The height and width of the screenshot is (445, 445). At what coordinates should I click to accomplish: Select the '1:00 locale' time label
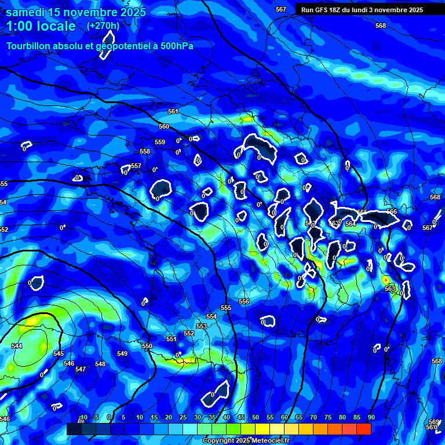tap(41, 26)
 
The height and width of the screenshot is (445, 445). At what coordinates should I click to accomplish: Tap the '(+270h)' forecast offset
tap(103, 26)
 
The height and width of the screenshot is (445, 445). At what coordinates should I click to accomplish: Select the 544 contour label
tap(17, 346)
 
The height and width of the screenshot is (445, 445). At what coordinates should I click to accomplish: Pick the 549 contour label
tap(122, 353)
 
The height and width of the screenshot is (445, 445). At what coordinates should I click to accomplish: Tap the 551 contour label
tap(171, 339)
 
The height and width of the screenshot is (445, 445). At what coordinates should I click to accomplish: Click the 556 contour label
tap(244, 301)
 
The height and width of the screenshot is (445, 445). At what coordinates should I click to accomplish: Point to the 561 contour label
tap(173, 111)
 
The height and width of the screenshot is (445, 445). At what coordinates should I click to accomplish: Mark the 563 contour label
tap(390, 288)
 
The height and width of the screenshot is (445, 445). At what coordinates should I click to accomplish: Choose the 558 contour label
tap(145, 151)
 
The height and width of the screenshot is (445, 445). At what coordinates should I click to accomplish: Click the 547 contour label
tap(81, 369)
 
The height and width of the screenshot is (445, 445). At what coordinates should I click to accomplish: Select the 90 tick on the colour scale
tap(371, 417)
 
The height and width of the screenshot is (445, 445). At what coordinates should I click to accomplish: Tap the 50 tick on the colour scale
tap(256, 417)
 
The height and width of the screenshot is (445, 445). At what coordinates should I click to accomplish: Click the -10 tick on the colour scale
tap(83, 417)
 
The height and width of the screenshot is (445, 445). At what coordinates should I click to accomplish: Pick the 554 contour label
tap(211, 316)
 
